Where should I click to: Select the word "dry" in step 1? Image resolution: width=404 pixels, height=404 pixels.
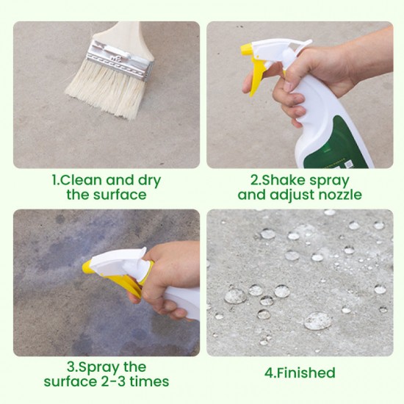coord(145,180)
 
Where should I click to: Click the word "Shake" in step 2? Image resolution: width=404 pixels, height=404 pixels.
coord(282,180)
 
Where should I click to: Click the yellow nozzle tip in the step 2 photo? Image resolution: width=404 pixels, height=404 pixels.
coord(247,51)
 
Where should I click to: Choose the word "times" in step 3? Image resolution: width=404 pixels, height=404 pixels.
coord(152,382)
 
